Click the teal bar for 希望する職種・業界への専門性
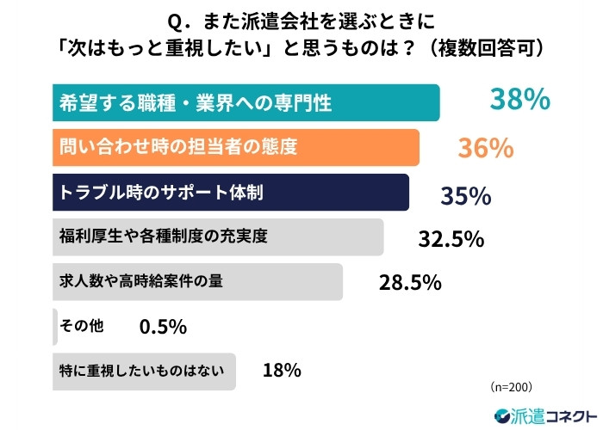(x=246, y=102)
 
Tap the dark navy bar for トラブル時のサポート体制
(x=230, y=193)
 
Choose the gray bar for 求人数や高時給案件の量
(x=197, y=281)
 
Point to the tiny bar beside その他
(x=54, y=326)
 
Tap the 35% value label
(x=465, y=195)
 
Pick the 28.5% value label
(x=410, y=282)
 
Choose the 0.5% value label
(x=163, y=327)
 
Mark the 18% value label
(x=281, y=371)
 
